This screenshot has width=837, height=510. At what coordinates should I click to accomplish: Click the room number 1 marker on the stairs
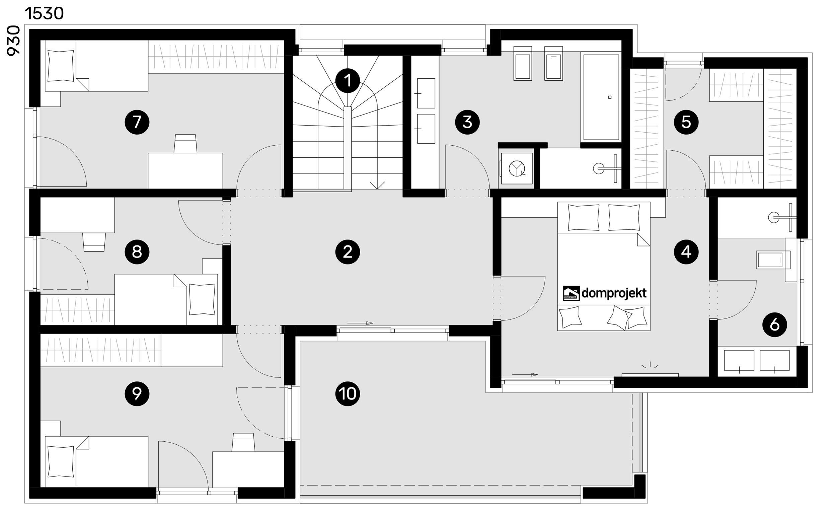click(348, 81)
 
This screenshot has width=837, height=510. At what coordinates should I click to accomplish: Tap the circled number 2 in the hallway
click(348, 252)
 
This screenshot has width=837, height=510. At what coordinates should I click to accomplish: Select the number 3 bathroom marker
click(467, 122)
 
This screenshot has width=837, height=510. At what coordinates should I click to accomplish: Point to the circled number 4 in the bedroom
click(686, 252)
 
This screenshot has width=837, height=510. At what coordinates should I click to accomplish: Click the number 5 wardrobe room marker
click(686, 122)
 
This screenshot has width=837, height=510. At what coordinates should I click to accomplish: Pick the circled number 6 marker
click(775, 325)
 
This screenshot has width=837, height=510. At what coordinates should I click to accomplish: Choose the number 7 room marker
click(137, 122)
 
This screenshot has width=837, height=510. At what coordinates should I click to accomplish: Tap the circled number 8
click(137, 252)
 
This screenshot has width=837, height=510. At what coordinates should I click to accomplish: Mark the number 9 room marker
click(137, 394)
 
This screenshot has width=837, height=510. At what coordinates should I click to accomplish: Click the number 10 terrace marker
click(348, 394)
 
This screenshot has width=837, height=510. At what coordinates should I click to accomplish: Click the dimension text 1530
click(44, 14)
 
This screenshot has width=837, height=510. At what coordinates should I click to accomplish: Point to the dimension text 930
click(14, 41)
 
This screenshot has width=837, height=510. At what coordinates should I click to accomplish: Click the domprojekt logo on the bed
click(605, 293)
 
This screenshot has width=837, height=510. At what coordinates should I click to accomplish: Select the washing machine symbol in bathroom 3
click(517, 168)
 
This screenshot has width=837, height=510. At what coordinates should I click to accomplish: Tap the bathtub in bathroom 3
click(601, 97)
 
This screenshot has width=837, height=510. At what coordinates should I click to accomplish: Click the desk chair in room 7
click(185, 144)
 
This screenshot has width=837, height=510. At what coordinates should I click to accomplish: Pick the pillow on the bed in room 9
click(61, 461)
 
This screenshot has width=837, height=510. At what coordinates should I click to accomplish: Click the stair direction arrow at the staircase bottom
click(377, 185)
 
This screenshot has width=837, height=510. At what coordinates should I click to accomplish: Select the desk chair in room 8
click(94, 242)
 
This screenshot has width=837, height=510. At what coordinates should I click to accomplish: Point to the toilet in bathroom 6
click(773, 260)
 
